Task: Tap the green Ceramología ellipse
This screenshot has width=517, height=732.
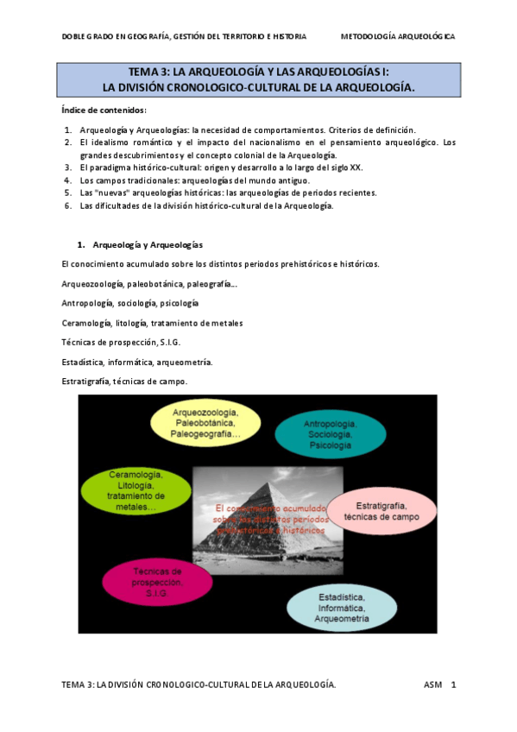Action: [x=136, y=491]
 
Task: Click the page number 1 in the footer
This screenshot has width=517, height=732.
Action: [x=454, y=685]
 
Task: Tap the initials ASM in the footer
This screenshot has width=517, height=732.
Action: [x=432, y=685]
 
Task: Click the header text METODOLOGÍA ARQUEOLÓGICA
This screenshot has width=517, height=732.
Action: [x=397, y=36]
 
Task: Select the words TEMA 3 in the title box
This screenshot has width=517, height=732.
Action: [x=148, y=73]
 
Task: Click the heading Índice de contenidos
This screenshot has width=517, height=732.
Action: [x=104, y=110]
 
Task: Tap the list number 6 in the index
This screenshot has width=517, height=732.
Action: [x=67, y=205]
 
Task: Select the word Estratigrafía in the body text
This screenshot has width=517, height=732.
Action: [x=85, y=381]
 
